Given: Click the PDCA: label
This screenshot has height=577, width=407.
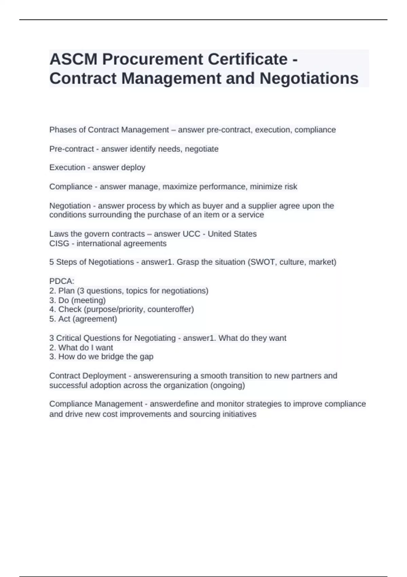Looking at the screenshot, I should tap(62, 281).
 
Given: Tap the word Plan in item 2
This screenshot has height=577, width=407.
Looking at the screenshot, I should tap(66, 291).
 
